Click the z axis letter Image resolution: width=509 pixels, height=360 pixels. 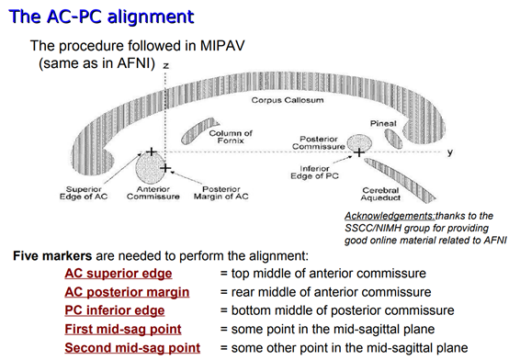[x=166, y=67]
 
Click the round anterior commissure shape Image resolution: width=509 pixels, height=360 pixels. [x=150, y=168]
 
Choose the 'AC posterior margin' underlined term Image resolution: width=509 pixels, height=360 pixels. [x=127, y=292]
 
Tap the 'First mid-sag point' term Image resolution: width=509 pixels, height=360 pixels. [x=122, y=329]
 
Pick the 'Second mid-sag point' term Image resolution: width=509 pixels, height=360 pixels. [x=130, y=347]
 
